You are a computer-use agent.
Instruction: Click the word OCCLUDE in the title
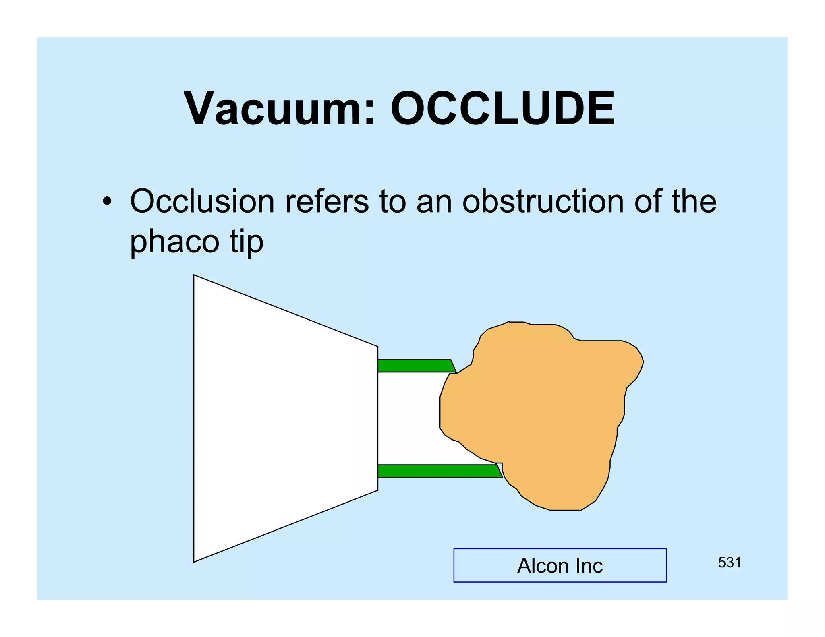(x=502, y=109)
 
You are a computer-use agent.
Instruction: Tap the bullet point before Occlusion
(x=106, y=201)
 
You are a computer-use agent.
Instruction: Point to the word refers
(x=327, y=201)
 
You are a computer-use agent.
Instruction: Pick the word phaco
(x=174, y=242)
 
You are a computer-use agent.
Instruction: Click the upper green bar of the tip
(x=415, y=366)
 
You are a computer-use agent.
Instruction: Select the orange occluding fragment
(x=544, y=415)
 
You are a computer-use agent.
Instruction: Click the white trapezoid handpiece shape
(x=282, y=419)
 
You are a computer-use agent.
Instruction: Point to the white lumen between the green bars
(x=407, y=419)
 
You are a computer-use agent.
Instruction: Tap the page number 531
(x=730, y=563)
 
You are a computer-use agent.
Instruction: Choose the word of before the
(x=648, y=201)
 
